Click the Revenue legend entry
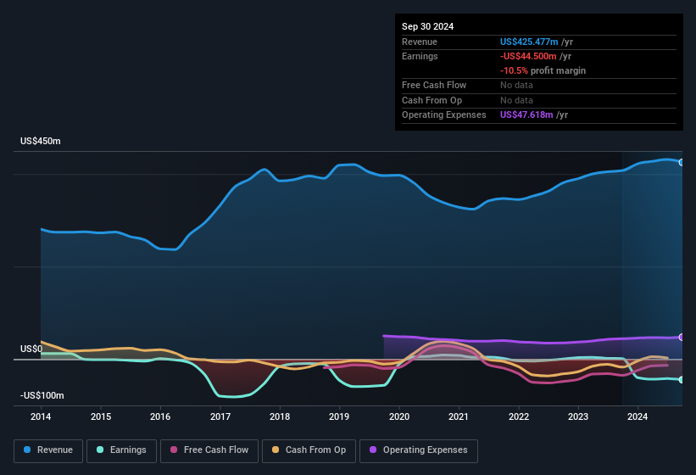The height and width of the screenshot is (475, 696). click(x=49, y=450)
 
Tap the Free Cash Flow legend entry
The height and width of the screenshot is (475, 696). click(x=209, y=450)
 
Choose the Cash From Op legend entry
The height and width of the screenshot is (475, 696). click(x=309, y=450)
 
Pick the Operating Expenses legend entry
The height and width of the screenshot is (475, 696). click(x=419, y=450)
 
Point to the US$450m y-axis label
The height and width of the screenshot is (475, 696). click(x=41, y=141)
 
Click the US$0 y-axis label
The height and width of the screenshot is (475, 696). click(x=31, y=349)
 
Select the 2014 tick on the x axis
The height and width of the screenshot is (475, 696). click(x=42, y=416)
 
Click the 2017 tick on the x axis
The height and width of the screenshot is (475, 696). click(x=220, y=416)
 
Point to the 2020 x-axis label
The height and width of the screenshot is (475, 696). click(x=399, y=416)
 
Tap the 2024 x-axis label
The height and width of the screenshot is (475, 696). click(x=638, y=416)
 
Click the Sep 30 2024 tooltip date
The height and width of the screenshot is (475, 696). click(x=427, y=26)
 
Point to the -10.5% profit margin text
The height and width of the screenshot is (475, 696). click(x=543, y=70)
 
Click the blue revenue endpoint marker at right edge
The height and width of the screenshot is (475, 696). click(x=682, y=162)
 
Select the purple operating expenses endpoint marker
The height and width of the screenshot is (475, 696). click(x=682, y=337)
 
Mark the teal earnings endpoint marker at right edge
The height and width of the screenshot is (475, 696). click(x=682, y=380)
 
